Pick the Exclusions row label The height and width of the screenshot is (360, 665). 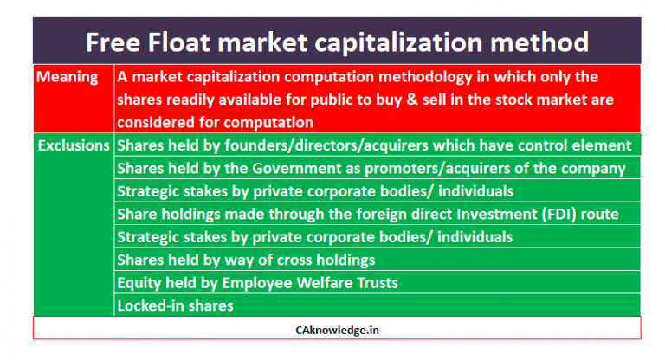coord(74,145)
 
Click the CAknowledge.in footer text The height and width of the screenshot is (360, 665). coord(337,329)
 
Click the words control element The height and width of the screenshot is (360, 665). coord(577,145)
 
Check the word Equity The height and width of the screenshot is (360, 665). coord(139,282)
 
